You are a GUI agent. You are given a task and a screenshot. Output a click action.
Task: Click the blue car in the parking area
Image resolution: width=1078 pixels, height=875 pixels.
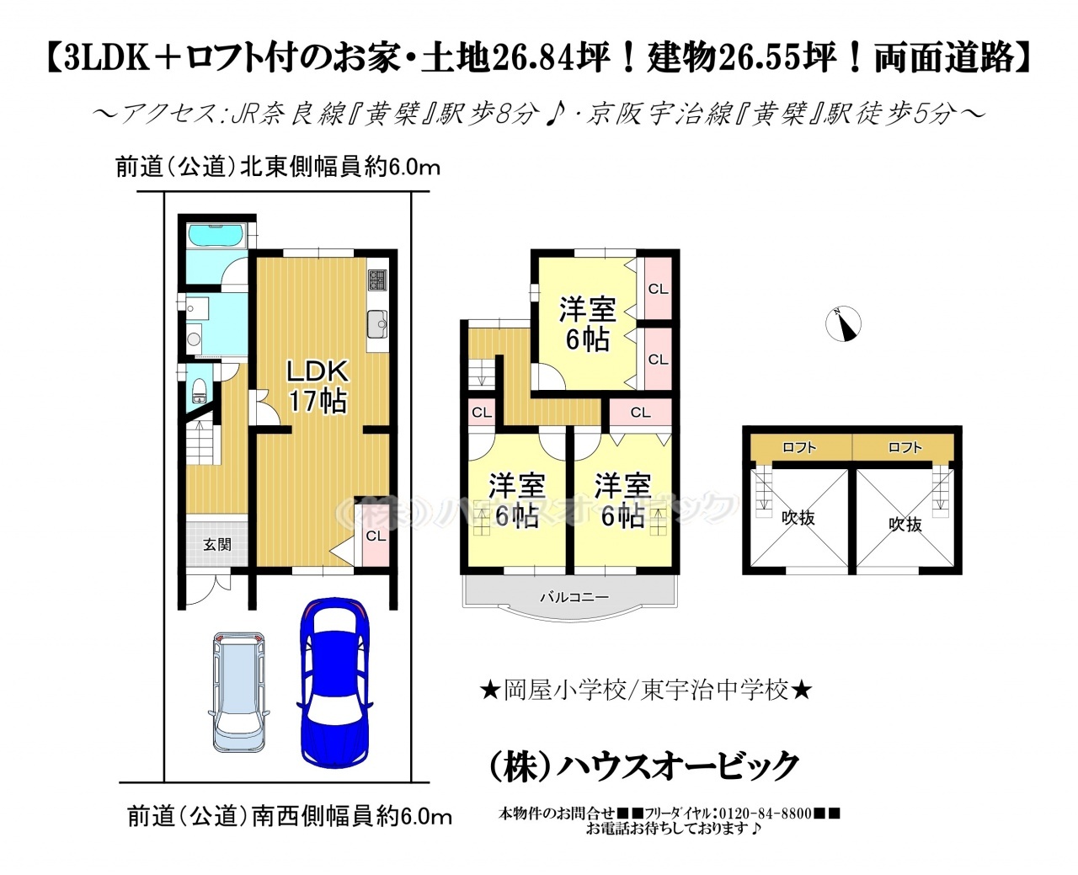pos(334,691)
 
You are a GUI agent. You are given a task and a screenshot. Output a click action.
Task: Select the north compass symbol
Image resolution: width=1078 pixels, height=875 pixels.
pos(843,323)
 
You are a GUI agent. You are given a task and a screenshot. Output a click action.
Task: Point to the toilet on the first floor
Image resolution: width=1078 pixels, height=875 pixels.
pos(200,390)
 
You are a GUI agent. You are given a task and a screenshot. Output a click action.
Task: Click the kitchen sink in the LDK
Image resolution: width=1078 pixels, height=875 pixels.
pos(377,324)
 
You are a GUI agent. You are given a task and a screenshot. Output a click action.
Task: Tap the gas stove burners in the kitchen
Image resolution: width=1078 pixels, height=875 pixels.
pos(377,280)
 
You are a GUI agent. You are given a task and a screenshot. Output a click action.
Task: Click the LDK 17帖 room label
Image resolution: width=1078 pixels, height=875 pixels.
pos(318,387)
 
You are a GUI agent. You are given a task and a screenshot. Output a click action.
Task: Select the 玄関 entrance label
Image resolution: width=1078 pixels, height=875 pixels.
pos(217,545)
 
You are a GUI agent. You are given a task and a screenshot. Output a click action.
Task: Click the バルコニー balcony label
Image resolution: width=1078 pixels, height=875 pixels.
pos(574,597)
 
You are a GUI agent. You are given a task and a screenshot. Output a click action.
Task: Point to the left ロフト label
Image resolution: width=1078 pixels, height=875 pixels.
pos(799,447)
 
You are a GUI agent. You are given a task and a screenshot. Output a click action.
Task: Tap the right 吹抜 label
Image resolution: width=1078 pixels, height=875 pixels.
pos(905,525)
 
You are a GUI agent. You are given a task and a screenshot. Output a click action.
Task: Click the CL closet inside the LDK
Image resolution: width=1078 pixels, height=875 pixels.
pos(376,536)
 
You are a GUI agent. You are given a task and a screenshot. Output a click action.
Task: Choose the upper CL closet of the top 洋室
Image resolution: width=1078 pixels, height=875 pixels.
pos(658,289)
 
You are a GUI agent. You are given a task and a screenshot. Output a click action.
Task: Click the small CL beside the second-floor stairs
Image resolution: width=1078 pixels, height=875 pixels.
pos(481,413)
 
